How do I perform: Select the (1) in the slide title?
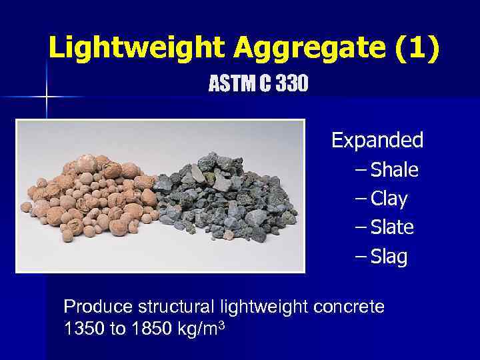pos(417,48)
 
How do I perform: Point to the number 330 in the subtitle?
pos(292,85)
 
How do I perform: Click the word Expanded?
pos(377,141)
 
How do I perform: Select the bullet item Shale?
pos(394,170)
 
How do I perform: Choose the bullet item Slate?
pos(392,227)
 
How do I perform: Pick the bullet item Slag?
pos(389,257)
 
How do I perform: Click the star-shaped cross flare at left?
pos(46,97)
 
